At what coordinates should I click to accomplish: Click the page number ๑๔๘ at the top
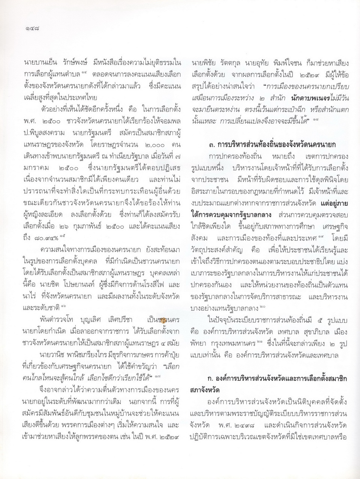[31, 27]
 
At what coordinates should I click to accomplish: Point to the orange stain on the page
[164, 319]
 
